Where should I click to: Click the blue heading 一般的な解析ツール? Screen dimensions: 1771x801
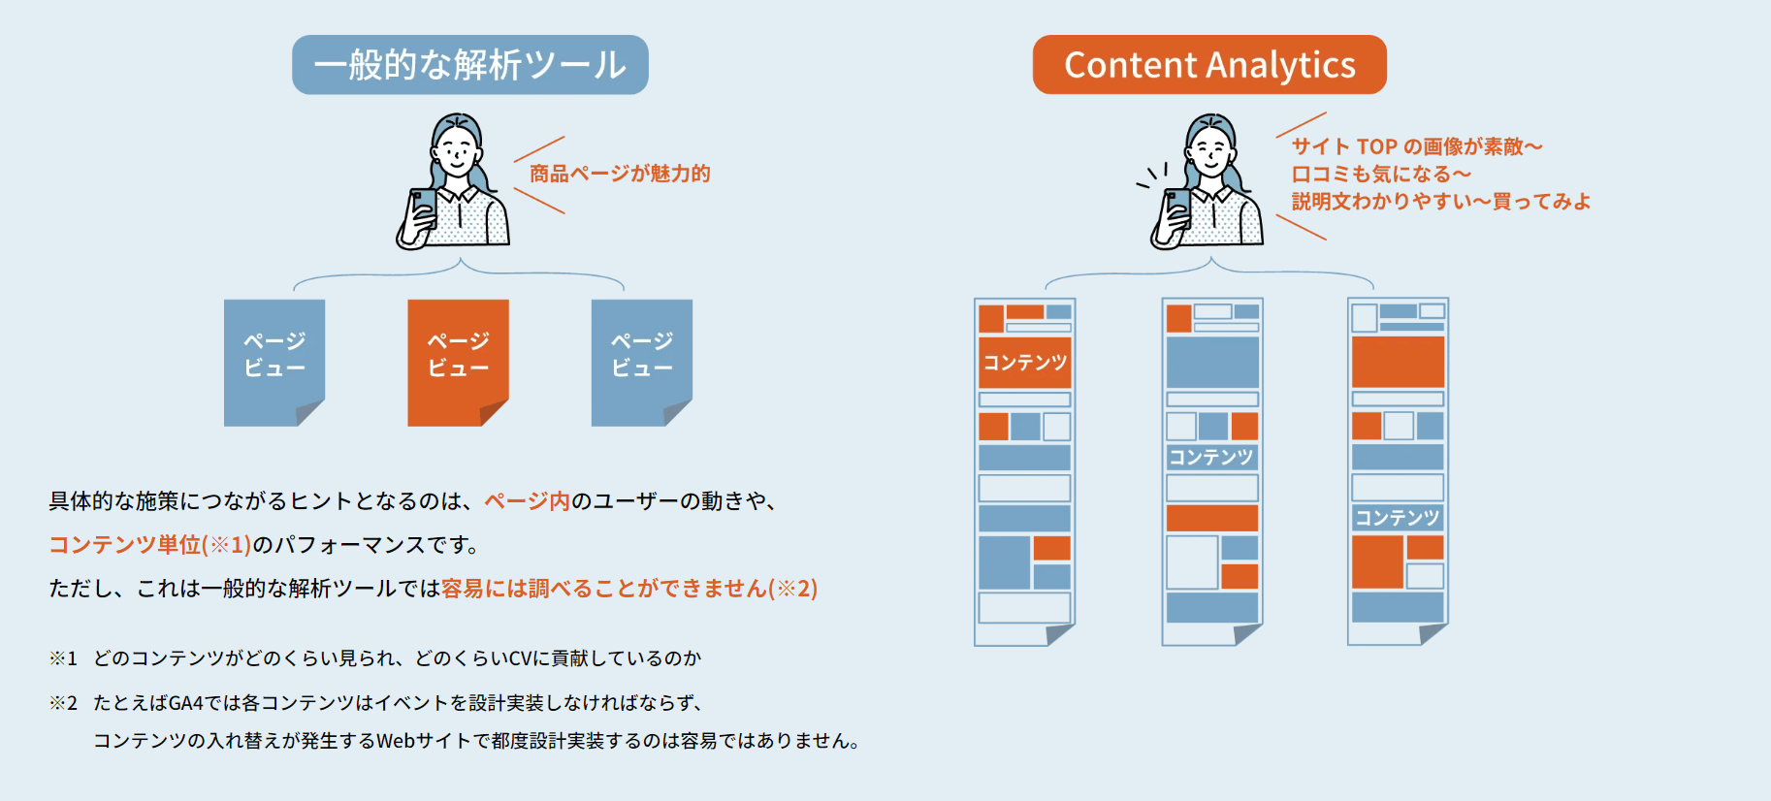coord(470,65)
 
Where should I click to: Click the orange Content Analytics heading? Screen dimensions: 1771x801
coord(1209,65)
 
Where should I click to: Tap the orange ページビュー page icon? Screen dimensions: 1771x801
coord(458,363)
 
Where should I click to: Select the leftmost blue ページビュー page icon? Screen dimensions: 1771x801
coord(274,363)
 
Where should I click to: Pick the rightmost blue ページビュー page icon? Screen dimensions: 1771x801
coord(642,363)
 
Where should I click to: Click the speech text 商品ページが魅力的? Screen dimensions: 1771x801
coord(620,174)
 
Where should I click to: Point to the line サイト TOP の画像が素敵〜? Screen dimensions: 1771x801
coord(1417,146)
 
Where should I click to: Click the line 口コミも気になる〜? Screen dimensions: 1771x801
coord(1381,174)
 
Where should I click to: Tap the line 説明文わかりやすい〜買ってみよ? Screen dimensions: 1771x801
coord(1440,201)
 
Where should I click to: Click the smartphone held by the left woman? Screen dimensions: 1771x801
coord(423,208)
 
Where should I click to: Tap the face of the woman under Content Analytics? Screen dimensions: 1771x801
coord(1210,151)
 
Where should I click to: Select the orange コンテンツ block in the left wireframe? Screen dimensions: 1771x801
coord(1025,363)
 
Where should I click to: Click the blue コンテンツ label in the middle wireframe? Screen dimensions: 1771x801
coord(1211,457)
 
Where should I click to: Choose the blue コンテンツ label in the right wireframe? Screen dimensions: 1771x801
coord(1398,518)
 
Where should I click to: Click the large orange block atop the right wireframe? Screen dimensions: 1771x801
coord(1398,362)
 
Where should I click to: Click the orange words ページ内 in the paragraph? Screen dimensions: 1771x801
coord(527,500)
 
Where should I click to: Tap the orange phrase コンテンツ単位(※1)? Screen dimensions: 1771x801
coord(150,544)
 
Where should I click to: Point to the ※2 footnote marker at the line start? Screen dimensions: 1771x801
coord(63,702)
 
